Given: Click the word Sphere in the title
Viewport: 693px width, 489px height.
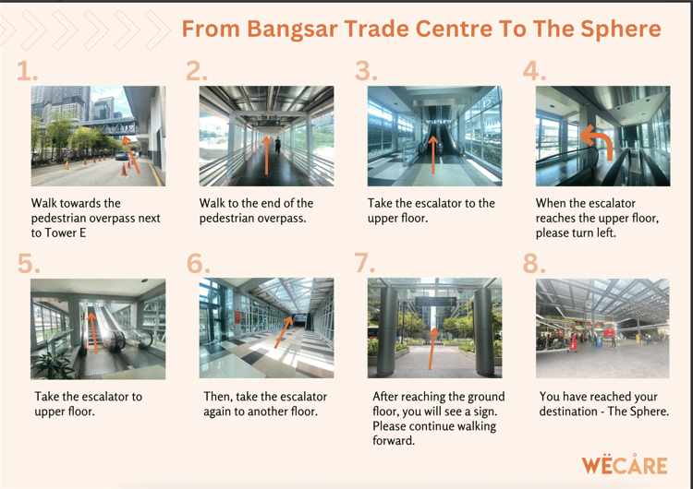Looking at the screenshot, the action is tap(621, 30).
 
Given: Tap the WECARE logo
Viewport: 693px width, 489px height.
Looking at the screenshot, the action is tap(624, 465).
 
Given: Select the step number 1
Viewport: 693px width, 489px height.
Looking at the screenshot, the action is tap(27, 71).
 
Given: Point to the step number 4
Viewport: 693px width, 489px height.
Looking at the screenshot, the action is tap(534, 71).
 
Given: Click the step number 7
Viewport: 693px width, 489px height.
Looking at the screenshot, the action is tap(365, 263).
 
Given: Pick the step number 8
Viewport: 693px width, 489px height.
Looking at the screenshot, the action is tap(534, 263).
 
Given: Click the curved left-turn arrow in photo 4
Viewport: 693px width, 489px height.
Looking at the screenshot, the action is tap(598, 141).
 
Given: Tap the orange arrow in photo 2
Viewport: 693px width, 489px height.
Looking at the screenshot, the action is tap(266, 155).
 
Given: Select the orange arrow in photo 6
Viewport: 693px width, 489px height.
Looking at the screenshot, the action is tap(284, 332).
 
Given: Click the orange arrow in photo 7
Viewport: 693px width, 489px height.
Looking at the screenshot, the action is tap(432, 349).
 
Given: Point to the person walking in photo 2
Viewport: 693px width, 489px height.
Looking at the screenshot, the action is tap(277, 145).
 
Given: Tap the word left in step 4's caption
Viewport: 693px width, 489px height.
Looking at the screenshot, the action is tap(606, 233).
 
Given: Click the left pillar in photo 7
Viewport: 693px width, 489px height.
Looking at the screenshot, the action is tap(388, 332).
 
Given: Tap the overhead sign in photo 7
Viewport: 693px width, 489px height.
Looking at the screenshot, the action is tap(435, 302).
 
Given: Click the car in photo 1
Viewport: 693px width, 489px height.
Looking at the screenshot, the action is tap(121, 155).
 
